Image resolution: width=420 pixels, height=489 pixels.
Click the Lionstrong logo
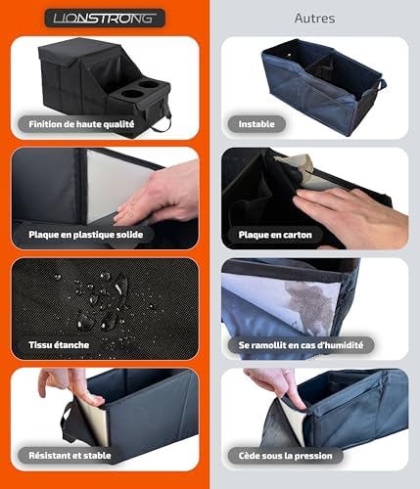click(105, 18)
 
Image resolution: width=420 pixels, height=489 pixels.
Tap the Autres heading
click(314, 19)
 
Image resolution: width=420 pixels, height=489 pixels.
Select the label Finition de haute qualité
click(81, 124)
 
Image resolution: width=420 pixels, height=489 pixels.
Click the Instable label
click(257, 124)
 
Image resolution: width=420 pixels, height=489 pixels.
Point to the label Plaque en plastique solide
click(86, 235)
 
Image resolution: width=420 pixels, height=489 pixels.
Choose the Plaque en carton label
click(275, 235)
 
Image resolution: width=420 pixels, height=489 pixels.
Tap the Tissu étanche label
click(59, 345)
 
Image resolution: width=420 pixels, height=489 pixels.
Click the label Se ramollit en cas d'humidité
click(301, 345)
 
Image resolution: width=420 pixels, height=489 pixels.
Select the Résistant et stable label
click(70, 456)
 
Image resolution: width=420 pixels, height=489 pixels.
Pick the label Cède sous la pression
click(286, 456)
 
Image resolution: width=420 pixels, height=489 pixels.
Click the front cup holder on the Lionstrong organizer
click(132, 94)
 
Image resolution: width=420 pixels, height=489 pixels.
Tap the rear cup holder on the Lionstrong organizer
click(149, 84)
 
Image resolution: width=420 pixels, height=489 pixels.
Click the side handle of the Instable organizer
click(382, 85)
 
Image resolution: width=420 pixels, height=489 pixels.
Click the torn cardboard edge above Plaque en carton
click(294, 162)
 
